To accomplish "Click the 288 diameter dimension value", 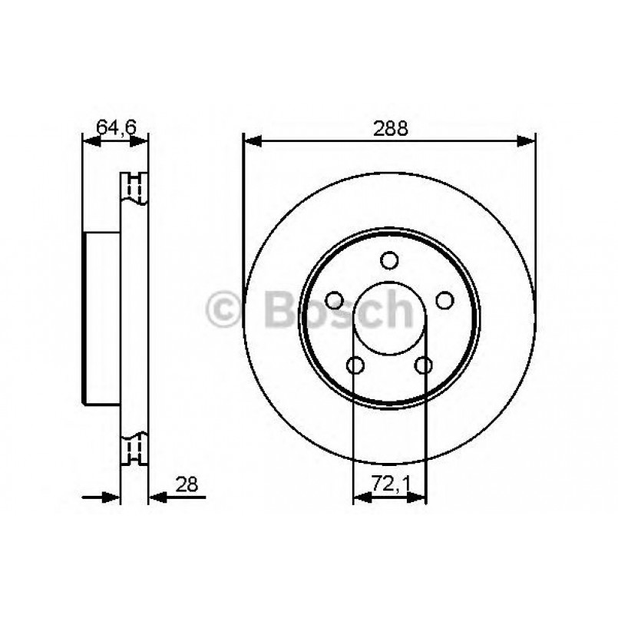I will click(390, 128).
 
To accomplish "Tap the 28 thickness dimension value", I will click(187, 484).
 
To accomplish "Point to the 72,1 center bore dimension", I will click(388, 484).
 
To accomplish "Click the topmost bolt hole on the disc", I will click(390, 260).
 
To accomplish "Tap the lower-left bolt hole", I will click(355, 365).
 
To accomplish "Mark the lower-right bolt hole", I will click(423, 365).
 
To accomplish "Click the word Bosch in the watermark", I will click(338, 309).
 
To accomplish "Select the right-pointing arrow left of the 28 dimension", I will click(111, 497).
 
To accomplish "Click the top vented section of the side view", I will click(135, 189).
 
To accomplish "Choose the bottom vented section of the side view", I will click(135, 449).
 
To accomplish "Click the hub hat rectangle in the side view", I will click(102, 317).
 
